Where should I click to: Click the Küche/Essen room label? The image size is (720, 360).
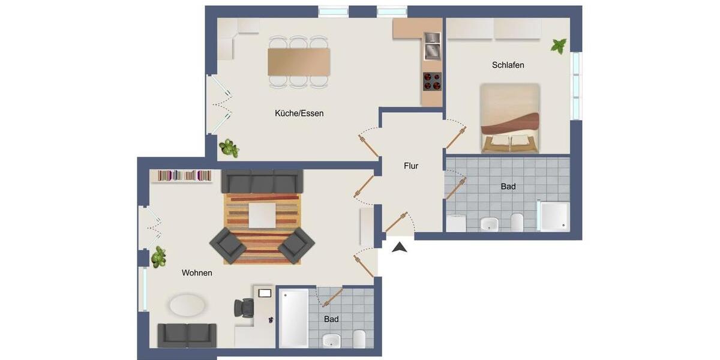point(299,113)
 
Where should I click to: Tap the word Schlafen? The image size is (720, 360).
point(508,65)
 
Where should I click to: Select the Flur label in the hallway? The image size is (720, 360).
point(411,166)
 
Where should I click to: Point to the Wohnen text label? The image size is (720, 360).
point(197,272)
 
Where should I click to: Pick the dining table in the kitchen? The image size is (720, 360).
point(299,61)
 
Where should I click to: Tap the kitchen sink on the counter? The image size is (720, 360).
point(432,46)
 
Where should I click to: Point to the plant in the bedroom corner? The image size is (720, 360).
point(559,46)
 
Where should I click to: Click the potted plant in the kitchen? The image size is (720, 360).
point(229,148)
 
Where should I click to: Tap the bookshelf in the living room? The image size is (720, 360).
point(185,175)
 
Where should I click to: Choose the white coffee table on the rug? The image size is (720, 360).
point(262,215)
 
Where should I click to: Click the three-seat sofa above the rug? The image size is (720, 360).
point(262,181)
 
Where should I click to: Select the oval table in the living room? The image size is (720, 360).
point(187,304)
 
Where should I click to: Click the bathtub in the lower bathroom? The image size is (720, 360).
point(294,318)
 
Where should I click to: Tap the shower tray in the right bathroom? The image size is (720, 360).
point(553,216)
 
